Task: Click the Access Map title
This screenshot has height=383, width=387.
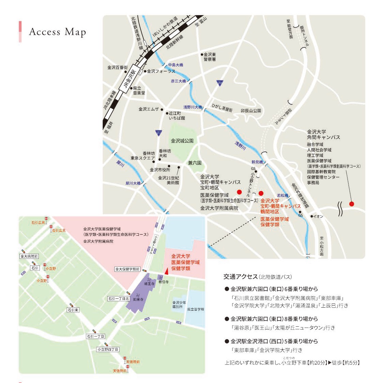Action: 57,32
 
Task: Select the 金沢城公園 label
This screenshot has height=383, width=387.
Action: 182,141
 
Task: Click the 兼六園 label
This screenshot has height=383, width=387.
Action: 195,163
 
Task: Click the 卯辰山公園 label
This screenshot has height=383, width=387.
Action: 251,111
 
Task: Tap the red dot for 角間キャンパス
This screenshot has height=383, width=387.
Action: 352,204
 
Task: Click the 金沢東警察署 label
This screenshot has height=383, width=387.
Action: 210,57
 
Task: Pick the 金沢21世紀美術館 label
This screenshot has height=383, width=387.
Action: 168,180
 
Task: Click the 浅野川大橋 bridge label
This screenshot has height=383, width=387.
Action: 193,107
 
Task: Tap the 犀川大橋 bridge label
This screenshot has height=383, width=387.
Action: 133,183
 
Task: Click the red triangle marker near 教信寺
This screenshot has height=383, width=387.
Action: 166,271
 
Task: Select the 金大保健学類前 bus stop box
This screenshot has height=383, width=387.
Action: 128,269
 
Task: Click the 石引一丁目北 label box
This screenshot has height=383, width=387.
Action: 119,299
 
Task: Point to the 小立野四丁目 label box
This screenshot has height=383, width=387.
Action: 108,349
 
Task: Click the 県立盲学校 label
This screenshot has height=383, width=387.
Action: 196,309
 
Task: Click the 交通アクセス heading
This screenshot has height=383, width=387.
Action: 240,277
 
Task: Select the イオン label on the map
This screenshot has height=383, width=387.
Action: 318,217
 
